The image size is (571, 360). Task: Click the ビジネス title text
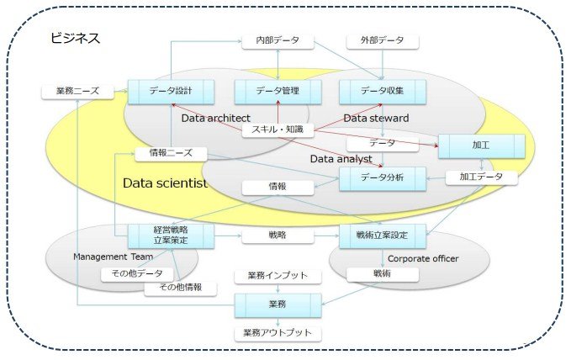coord(75,38)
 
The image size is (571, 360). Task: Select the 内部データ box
coord(278,41)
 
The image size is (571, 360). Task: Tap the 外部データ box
coord(383,41)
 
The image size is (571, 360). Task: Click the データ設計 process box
coord(171,91)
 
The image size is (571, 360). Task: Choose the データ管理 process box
coord(278,91)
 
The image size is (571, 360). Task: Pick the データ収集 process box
coord(383,91)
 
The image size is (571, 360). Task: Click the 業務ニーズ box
coord(77,91)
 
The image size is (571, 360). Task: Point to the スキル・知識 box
coord(278,130)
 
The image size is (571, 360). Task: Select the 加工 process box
coord(481,146)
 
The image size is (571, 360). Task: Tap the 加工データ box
coord(481,177)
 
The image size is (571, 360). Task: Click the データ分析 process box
coord(383,178)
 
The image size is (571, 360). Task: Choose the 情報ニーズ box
coord(171,153)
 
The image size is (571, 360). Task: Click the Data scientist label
coord(165,183)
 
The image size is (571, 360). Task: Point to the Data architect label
coord(215,119)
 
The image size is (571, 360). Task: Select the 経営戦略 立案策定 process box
coord(171,236)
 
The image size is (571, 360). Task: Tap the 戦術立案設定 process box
coord(383,236)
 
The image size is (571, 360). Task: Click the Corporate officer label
coord(423,259)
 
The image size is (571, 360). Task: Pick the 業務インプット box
coord(278,276)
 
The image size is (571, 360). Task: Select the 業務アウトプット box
coord(278,333)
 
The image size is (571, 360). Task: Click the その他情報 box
coord(181,288)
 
